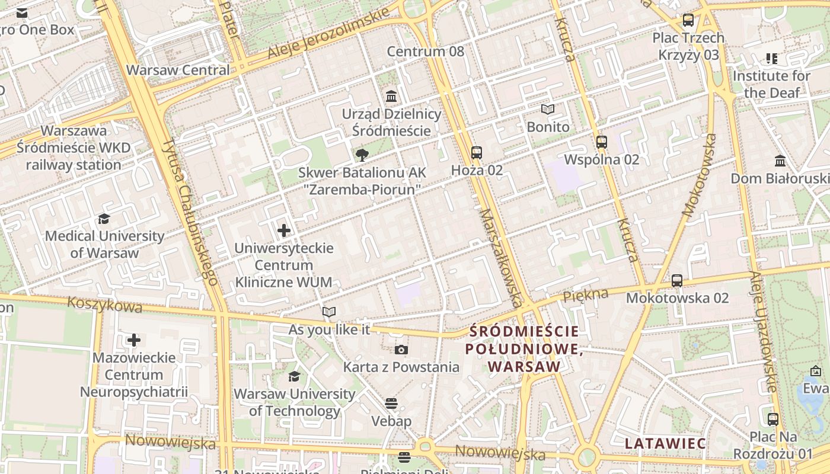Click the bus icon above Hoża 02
(477, 153)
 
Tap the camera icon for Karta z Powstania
(401, 350)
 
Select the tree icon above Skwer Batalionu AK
(360, 155)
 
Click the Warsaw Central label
(178, 70)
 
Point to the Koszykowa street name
(105, 305)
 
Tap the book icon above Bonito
(548, 110)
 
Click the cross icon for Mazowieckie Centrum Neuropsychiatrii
(134, 340)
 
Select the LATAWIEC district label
(665, 443)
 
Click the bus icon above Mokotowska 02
(677, 280)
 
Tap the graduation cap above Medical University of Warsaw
(104, 219)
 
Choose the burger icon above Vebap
(391, 404)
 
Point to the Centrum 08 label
(426, 52)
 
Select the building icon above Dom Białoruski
(780, 161)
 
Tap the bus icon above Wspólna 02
(602, 142)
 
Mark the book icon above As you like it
(329, 312)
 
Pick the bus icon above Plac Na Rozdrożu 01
(773, 419)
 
